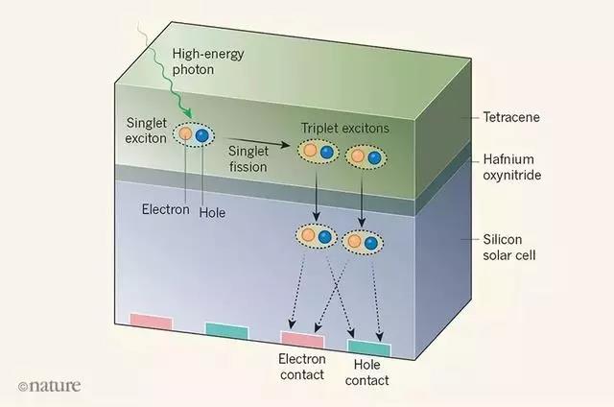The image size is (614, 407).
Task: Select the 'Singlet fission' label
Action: (x=248, y=159)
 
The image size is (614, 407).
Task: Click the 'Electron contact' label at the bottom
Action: (x=302, y=366)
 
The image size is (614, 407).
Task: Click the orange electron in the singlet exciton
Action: (x=186, y=135)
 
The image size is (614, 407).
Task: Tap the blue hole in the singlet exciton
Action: (x=202, y=136)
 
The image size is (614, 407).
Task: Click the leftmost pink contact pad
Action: (x=151, y=321)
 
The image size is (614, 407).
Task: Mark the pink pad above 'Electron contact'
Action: (x=302, y=338)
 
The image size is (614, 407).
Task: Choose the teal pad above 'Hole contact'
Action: (x=368, y=347)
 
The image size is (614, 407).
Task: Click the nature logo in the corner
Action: (x=49, y=385)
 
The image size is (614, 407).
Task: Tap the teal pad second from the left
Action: (x=227, y=330)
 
